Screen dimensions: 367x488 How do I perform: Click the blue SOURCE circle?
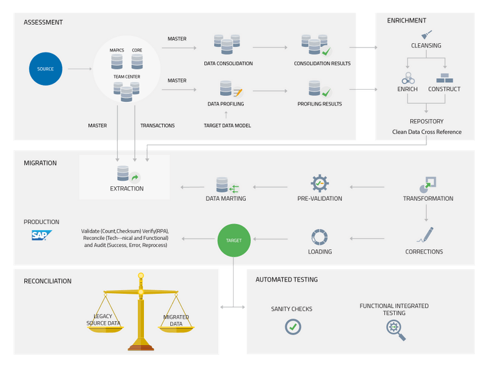tap(46, 69)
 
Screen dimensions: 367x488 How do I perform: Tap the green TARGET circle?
tap(234, 240)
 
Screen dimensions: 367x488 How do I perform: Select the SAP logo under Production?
tap(42, 236)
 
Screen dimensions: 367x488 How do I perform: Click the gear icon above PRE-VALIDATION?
tap(320, 183)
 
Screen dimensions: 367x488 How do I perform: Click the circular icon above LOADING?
tap(320, 237)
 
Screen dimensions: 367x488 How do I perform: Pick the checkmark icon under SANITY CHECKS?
tap(293, 327)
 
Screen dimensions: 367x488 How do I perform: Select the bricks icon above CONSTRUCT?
tap(445, 78)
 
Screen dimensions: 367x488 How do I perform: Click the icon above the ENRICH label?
tap(407, 78)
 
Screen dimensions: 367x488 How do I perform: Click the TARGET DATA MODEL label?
tap(227, 125)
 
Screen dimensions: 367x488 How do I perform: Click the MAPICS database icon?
tap(117, 61)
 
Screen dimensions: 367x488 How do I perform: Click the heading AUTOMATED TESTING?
tap(286, 280)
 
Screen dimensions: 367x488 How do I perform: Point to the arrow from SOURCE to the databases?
tap(80, 69)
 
